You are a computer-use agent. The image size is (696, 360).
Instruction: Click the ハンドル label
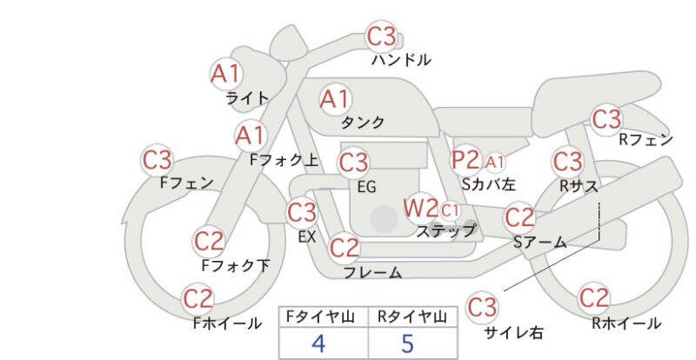click(401, 60)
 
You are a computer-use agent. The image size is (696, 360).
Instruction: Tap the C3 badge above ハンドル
click(381, 37)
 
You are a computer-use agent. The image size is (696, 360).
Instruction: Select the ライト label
click(247, 97)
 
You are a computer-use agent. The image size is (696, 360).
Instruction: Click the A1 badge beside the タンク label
click(335, 99)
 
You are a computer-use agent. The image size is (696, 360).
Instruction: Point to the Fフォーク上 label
click(284, 160)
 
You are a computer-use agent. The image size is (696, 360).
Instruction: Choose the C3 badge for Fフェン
click(157, 160)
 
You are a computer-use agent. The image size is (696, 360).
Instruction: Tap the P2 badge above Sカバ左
click(465, 160)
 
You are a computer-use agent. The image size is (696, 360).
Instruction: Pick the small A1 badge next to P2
click(495, 161)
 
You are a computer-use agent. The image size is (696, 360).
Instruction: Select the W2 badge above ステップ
click(421, 208)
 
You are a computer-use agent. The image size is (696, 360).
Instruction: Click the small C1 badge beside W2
click(450, 210)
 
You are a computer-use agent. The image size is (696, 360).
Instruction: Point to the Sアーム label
click(539, 242)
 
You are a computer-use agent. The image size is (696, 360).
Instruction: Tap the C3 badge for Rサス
click(568, 161)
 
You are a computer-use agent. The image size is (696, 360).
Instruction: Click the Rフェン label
click(646, 139)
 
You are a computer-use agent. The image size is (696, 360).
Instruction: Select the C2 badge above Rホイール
click(594, 298)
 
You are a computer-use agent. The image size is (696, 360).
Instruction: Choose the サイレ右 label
click(513, 331)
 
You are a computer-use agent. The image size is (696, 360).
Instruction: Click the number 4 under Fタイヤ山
click(318, 343)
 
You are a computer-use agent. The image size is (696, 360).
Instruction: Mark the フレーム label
click(372, 272)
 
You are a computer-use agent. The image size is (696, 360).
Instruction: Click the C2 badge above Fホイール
click(198, 299)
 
